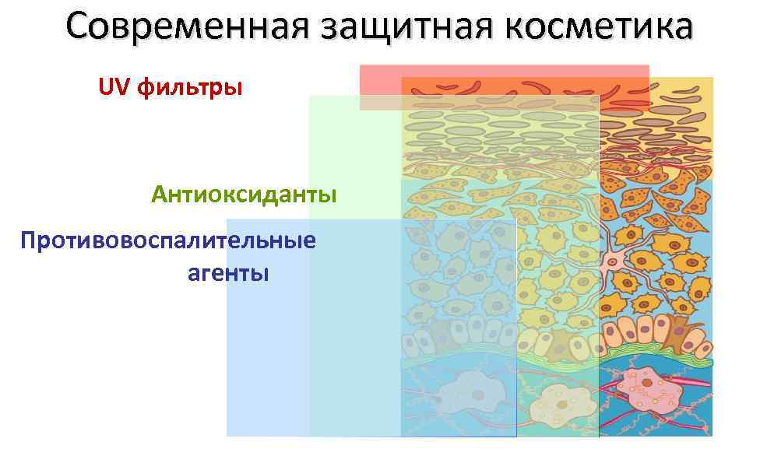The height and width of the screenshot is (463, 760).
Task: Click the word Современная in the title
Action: coord(188,26)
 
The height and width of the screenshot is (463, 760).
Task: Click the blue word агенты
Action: coord(228,273)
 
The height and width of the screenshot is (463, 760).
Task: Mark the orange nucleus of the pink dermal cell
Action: coord(646,384)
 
